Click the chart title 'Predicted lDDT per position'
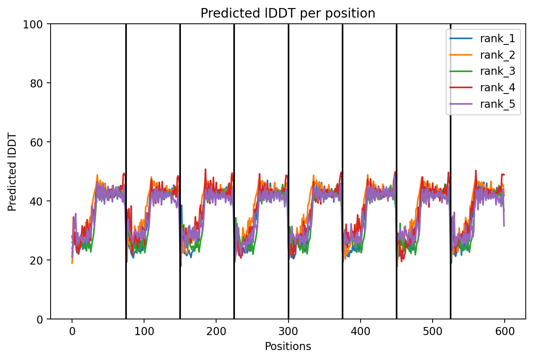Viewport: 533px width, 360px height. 288,13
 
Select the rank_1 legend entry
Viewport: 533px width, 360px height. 482,39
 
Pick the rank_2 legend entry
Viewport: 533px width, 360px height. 482,55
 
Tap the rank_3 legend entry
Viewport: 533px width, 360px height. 482,71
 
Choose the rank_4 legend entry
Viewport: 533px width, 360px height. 482,88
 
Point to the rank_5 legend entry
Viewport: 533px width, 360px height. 482,104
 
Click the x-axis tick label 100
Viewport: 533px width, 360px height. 144,331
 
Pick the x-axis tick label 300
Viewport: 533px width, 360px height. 289,331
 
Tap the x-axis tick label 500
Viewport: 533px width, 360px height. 433,331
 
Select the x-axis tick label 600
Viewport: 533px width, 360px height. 505,331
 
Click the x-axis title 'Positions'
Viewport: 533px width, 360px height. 288,347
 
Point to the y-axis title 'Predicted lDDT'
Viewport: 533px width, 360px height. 12,171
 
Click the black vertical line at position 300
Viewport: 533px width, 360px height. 289,171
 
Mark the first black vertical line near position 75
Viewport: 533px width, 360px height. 126,171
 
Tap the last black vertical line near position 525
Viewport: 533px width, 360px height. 451,171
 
